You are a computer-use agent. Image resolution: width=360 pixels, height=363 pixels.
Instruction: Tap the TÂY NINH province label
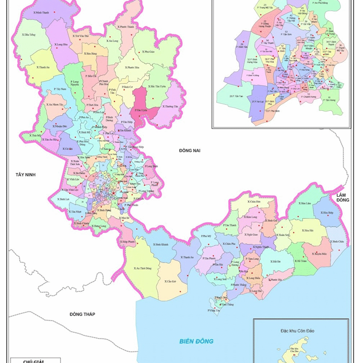26,175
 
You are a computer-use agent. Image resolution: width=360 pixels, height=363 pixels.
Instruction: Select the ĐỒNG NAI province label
189,150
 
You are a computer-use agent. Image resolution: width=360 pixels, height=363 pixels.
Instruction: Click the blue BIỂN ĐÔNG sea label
197,341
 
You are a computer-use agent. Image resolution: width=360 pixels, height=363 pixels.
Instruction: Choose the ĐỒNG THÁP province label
82,314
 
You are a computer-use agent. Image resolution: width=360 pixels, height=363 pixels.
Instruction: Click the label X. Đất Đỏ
276,262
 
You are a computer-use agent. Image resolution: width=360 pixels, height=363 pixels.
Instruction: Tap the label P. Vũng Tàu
214,309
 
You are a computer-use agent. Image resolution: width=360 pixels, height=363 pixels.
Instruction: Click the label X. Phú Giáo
148,52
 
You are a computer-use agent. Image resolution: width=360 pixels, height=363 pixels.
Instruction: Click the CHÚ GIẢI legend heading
34,361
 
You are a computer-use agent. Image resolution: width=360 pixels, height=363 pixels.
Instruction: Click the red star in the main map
113,194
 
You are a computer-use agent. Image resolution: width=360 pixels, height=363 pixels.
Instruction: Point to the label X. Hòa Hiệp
326,213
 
